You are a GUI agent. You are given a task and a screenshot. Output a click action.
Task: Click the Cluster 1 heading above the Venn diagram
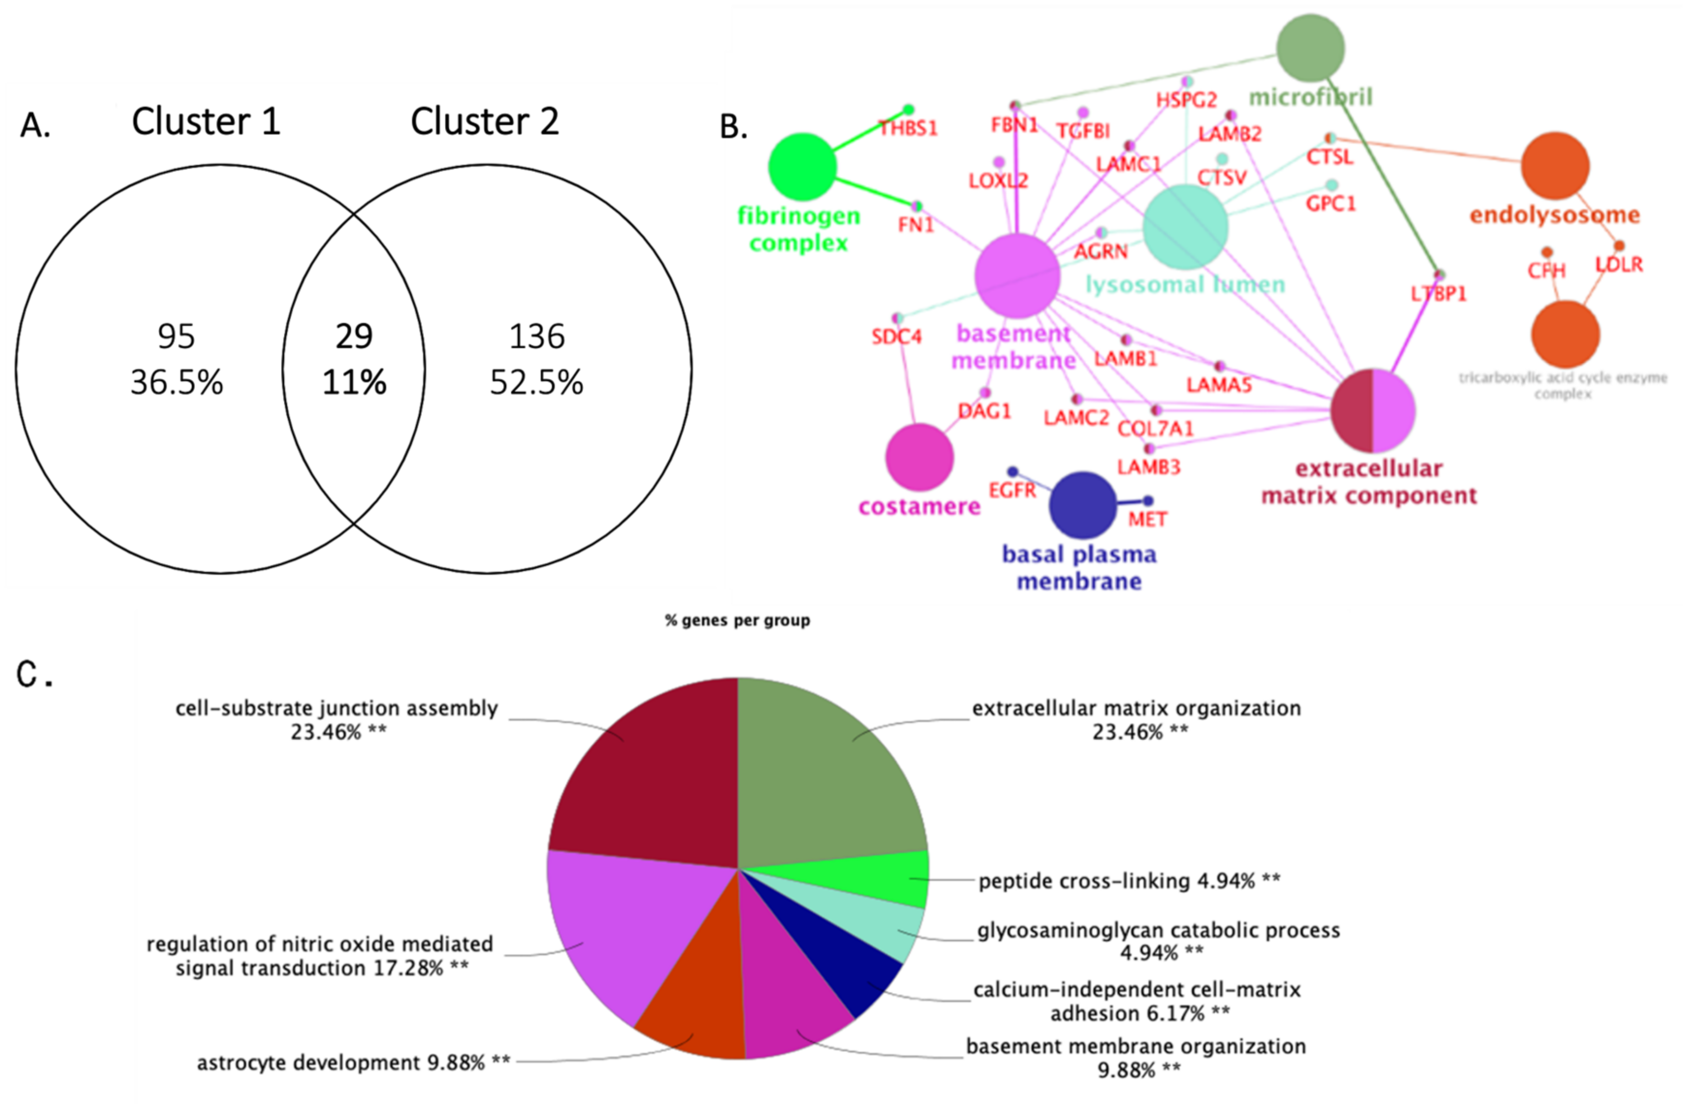point(206,122)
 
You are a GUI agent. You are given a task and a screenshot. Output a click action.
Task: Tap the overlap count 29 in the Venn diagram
point(354,337)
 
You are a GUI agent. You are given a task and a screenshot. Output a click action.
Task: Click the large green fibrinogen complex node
point(802,167)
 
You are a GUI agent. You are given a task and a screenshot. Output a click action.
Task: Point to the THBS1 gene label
point(908,128)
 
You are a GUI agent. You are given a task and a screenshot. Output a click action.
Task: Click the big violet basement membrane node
point(1017,276)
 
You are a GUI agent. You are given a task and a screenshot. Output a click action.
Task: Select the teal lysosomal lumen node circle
point(1185,226)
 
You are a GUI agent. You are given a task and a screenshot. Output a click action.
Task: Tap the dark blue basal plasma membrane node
point(1082,505)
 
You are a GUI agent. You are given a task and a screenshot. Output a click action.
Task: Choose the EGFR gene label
point(1012,490)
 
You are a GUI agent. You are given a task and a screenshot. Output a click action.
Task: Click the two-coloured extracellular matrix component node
point(1373,410)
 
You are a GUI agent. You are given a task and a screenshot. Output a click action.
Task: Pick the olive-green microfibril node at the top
point(1310,48)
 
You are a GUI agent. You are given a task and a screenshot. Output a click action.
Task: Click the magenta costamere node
point(919,457)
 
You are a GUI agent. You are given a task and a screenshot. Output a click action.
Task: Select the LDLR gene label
point(1619,265)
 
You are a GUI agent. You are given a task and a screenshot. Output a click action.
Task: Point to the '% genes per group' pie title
point(737,620)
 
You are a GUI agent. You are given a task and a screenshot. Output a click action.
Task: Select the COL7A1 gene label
point(1155,429)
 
